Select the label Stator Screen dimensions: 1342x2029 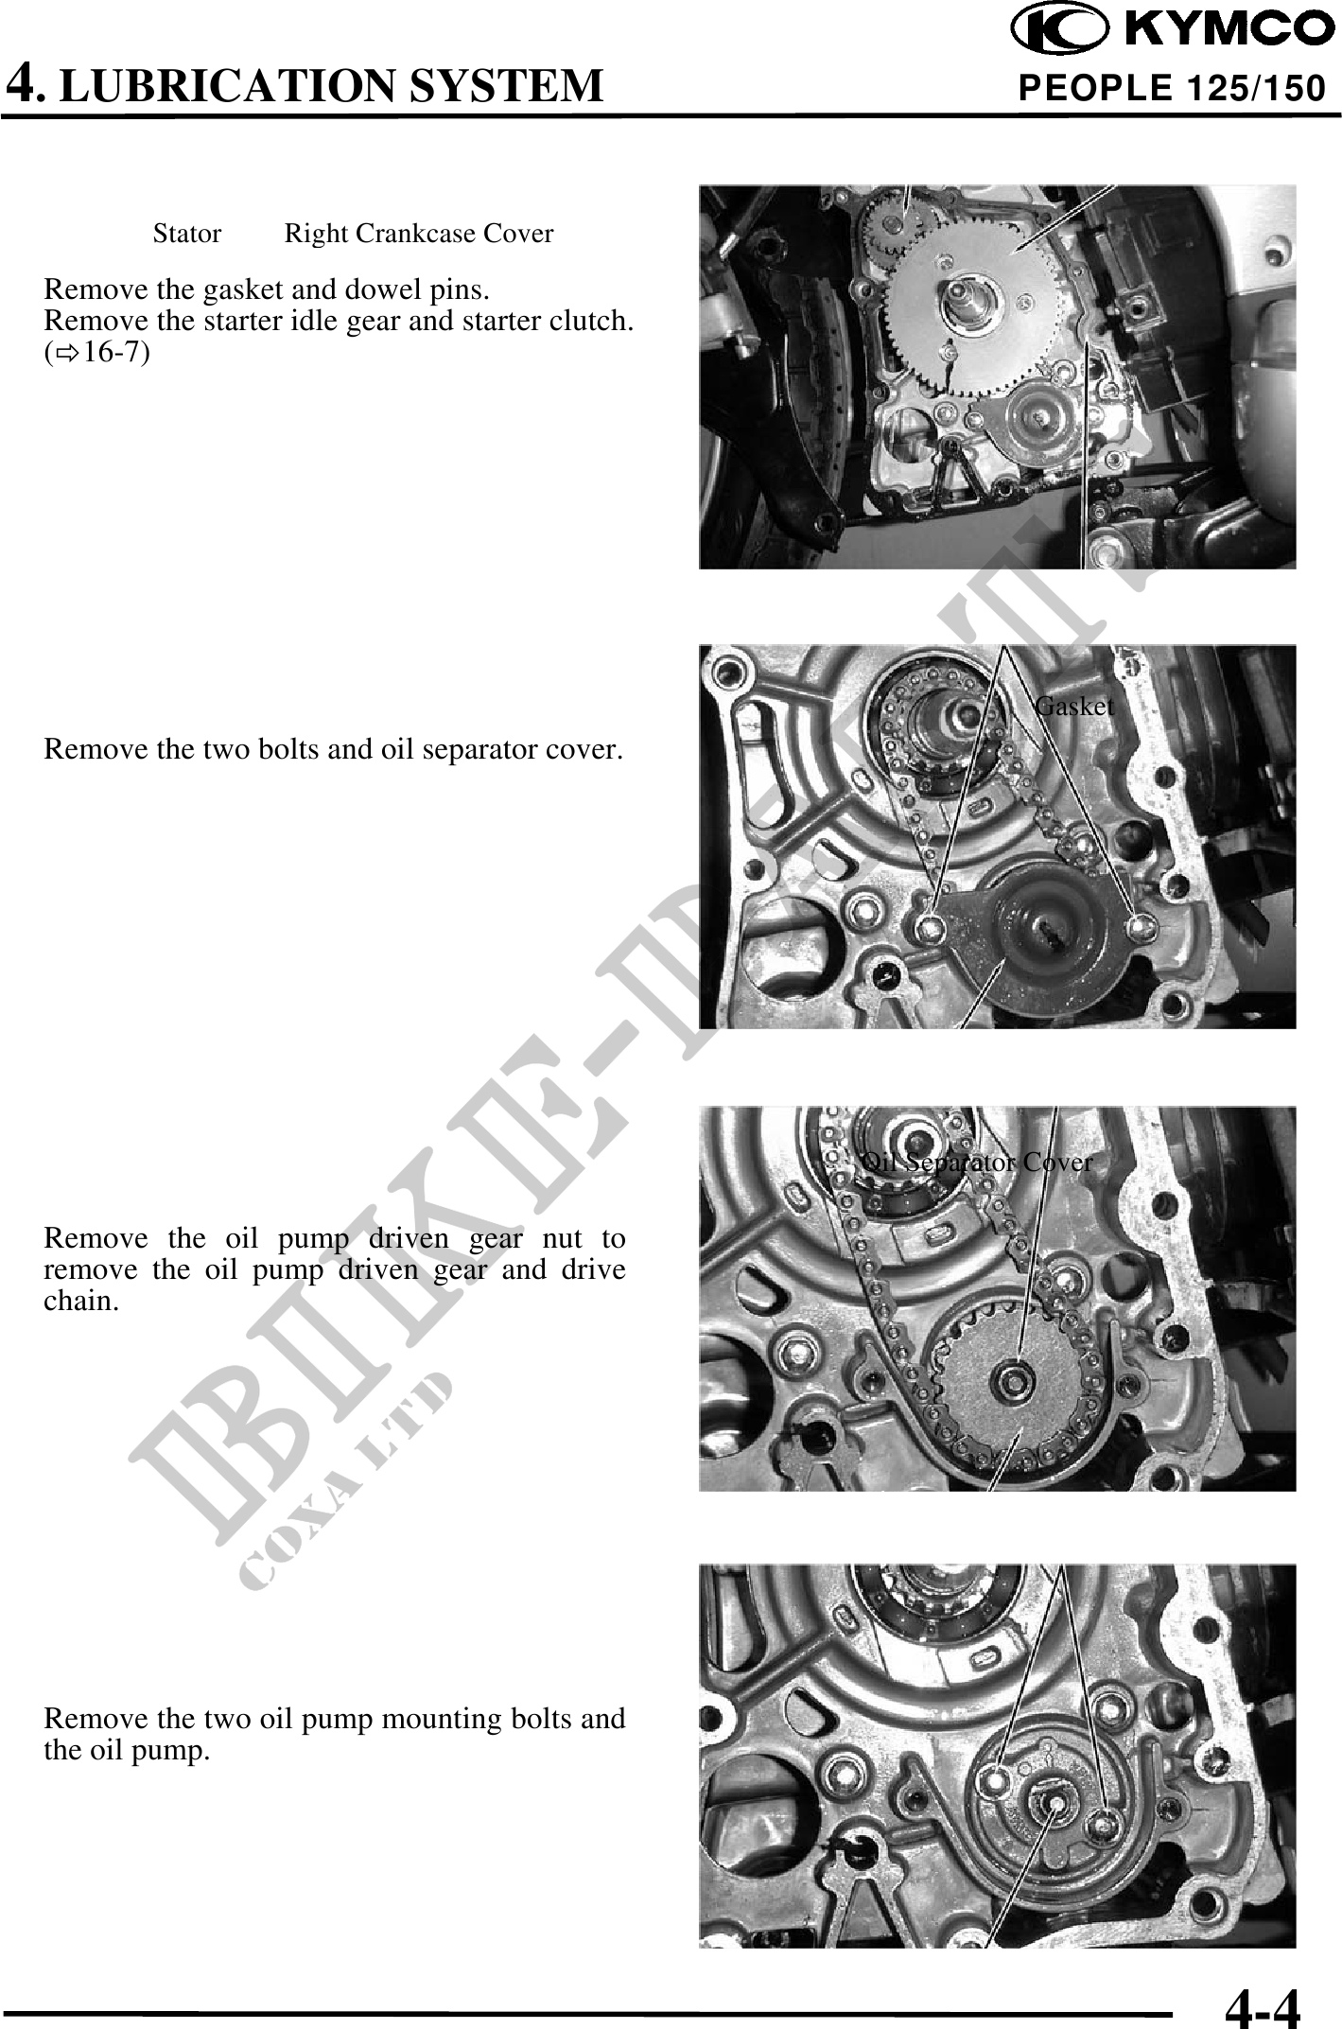187,234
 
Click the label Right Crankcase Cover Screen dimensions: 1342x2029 419,234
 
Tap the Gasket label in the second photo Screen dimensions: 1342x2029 1074,707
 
